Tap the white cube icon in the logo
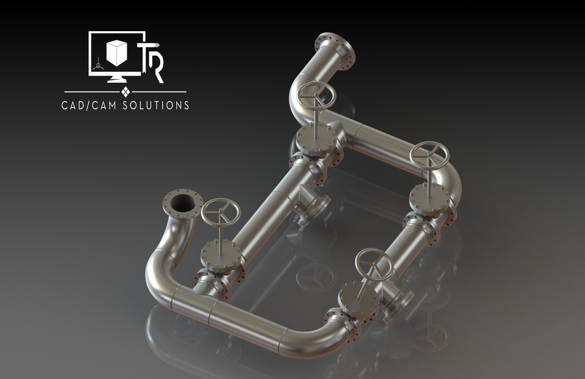click(116, 52)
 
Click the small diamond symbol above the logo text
click(126, 92)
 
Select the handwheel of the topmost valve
click(316, 96)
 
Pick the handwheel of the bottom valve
click(374, 263)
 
